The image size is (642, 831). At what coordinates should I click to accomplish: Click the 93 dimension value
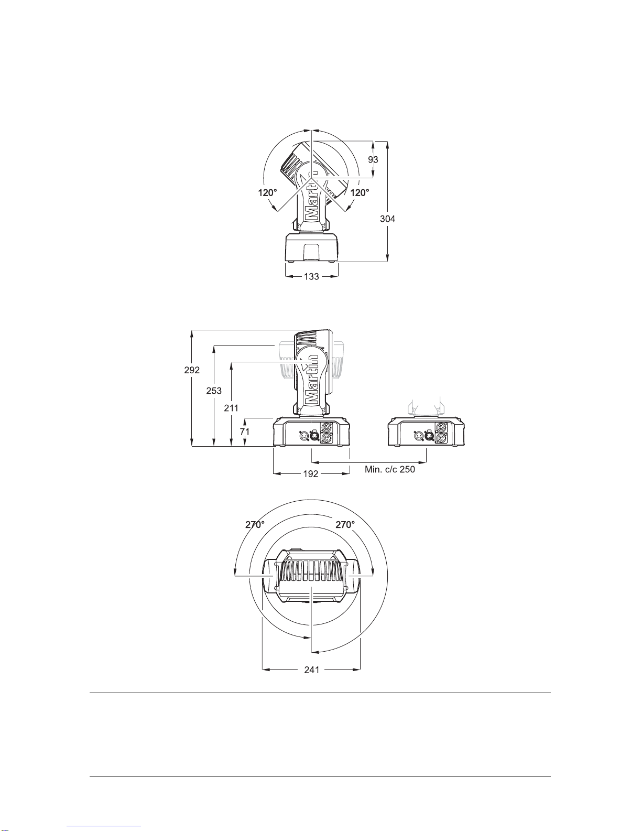point(373,159)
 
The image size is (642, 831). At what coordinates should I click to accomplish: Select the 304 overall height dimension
point(387,219)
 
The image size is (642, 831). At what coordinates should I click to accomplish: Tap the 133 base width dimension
point(311,276)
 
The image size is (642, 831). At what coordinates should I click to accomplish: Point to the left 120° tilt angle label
point(267,193)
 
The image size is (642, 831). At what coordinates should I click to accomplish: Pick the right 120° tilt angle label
point(360,193)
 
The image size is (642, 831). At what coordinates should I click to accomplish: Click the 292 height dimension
point(192,370)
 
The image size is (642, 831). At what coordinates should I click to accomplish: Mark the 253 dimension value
point(214,391)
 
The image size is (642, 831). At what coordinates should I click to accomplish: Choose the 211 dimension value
point(231,408)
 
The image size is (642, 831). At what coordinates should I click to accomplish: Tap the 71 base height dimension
point(245,431)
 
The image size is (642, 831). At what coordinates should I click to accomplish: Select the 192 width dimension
point(311,474)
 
